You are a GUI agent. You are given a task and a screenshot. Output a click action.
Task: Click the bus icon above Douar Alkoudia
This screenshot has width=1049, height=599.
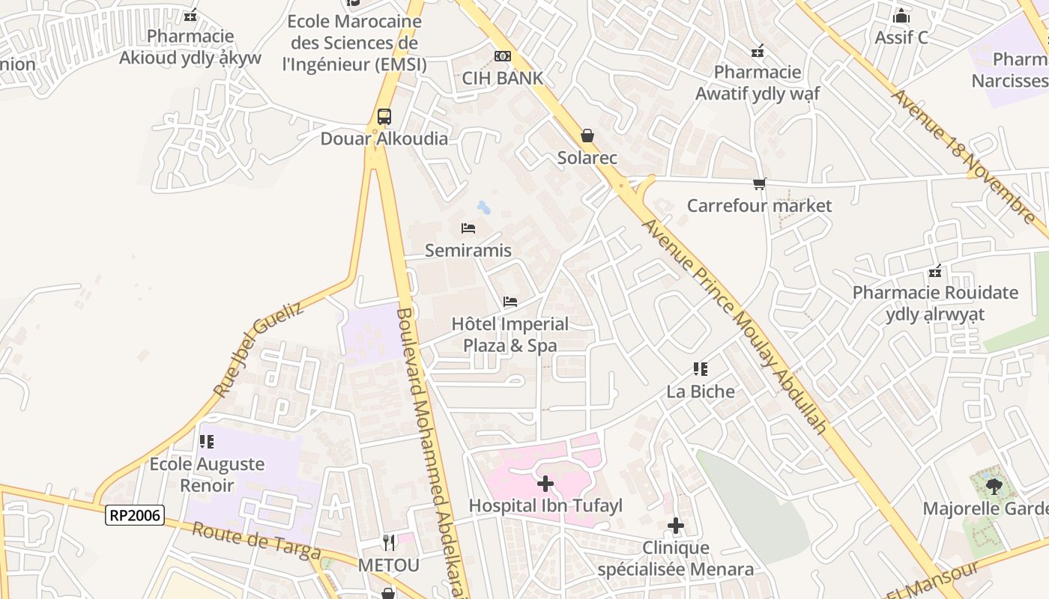(384, 117)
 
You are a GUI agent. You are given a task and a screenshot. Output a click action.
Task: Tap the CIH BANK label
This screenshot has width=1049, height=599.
(502, 78)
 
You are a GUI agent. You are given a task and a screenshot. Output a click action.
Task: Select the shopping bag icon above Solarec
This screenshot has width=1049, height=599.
(587, 136)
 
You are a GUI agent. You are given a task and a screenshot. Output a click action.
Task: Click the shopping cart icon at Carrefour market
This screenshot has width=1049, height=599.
(760, 183)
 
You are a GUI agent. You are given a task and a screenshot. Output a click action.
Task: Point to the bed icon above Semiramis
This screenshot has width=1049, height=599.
(468, 228)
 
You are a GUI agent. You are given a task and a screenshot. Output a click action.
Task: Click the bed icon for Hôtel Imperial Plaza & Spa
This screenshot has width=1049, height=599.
(510, 302)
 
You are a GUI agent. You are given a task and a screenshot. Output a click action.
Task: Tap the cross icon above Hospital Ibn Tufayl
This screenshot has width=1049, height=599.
(545, 484)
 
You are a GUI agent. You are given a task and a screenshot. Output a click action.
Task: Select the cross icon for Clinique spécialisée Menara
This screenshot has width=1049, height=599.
(676, 526)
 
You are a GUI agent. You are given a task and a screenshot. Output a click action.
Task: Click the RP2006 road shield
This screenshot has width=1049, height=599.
(136, 514)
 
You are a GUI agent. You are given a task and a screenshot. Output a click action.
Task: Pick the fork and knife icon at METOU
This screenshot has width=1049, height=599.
(388, 543)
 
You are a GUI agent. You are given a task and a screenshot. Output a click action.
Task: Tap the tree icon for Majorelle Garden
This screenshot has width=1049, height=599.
(994, 487)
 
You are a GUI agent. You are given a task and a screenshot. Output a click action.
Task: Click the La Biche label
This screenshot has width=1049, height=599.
(701, 391)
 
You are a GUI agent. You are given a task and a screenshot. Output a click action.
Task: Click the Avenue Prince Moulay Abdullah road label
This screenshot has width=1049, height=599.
(735, 326)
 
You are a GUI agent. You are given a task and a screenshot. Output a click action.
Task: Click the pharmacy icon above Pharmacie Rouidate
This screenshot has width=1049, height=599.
(935, 271)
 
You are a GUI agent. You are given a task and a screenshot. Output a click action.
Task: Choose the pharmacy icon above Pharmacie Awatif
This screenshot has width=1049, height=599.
(758, 51)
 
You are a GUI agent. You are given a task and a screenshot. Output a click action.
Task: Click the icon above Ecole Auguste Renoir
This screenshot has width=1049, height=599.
(207, 442)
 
